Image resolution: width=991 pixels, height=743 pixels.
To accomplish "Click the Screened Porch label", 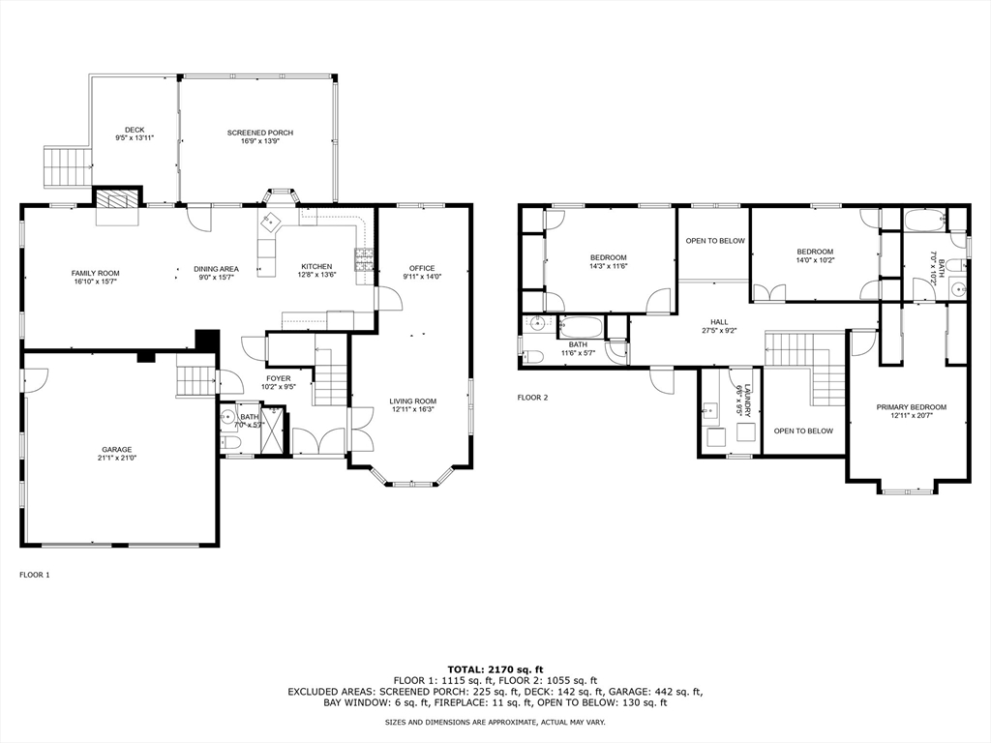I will coord(260,137).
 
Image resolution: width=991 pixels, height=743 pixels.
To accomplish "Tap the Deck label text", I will coord(135,134).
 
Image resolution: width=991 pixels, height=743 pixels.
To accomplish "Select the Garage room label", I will coord(118,454).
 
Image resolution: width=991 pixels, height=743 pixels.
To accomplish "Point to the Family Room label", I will coord(95,278).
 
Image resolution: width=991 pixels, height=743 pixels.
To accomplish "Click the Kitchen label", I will coord(316,271).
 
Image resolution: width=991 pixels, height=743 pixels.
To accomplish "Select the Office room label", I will coord(422,272).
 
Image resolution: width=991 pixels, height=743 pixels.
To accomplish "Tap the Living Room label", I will coord(412,404).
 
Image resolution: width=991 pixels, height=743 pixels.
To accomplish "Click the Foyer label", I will coord(279,382).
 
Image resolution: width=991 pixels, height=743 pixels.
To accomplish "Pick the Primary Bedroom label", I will coord(911,411).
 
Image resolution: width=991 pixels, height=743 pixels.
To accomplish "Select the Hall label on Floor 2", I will coord(719,327).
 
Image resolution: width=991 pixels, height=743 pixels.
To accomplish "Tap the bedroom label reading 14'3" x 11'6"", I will coord(609,261).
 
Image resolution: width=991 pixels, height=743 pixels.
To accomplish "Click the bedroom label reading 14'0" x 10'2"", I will coord(815,255).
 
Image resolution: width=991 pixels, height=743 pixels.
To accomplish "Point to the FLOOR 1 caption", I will coord(35,575).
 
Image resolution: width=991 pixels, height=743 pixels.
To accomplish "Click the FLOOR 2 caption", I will coord(532,398).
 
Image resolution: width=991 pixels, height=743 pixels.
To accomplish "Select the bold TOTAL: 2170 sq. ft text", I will coord(495,669).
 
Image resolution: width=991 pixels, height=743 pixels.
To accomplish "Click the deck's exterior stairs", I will coord(66,166).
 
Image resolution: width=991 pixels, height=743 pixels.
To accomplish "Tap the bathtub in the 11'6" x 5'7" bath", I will coord(583,326).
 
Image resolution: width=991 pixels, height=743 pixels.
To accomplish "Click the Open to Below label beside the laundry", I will coord(803,431).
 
